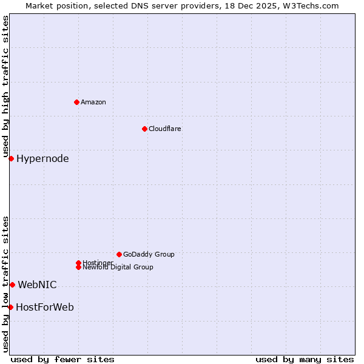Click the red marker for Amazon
click(76, 102)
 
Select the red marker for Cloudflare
click(144, 129)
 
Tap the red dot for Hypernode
click(11, 158)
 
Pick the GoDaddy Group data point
click(119, 254)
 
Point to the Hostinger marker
click(78, 263)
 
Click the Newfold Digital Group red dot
click(78, 267)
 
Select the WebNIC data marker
click(12, 285)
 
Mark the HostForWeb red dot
click(10, 307)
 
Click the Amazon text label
click(93, 102)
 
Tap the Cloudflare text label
click(165, 129)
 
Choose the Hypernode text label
click(42, 159)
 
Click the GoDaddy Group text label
click(149, 254)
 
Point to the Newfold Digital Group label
click(118, 267)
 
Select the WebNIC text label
click(37, 285)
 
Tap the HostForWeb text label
click(45, 307)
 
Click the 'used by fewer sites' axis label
click(62, 359)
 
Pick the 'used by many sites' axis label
click(305, 359)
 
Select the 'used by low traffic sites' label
click(5, 284)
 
